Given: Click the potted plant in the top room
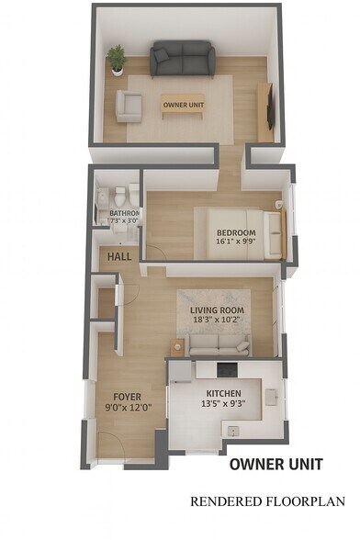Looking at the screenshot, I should coord(117,60).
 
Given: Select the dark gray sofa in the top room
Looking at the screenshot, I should coord(183,60).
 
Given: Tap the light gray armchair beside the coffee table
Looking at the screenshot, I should coord(129,107).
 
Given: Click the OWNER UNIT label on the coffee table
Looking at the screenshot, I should coord(183,105).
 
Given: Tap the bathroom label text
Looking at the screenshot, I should coord(125,214).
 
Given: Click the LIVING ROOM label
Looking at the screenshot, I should coord(217,310).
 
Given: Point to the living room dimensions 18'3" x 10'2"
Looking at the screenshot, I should coord(217,321).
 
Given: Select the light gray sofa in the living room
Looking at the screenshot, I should coord(219,344).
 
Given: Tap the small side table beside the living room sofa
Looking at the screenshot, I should coord(177,346).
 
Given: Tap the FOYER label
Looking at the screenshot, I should coord(127,398).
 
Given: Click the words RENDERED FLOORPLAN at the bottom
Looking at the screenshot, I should coord(267,501).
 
